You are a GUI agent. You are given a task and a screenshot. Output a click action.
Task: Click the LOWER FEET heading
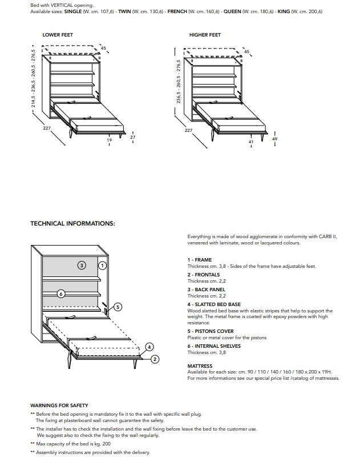point(58,35)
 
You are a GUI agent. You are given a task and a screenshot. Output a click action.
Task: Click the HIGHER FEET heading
point(205,35)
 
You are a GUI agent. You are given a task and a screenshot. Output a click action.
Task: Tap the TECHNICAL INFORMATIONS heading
point(72,223)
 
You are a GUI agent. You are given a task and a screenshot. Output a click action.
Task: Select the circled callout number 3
point(82,265)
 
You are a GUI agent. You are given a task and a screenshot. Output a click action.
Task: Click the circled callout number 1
point(102,265)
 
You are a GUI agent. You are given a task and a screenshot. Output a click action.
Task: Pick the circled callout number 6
point(61,294)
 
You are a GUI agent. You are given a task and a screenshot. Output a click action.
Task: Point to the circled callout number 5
point(118,307)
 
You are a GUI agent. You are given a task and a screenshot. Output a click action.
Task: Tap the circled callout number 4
point(149,347)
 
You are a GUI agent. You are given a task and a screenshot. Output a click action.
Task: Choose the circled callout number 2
point(154,359)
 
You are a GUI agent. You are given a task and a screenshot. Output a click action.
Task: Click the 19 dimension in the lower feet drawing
point(109,140)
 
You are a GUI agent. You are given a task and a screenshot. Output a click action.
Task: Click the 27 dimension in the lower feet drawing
point(132,138)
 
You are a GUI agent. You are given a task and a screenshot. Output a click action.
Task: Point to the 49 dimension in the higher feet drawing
point(275,139)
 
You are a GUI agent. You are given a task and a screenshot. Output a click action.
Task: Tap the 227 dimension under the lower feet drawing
point(47,128)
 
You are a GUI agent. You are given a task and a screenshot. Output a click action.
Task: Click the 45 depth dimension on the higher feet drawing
point(246,52)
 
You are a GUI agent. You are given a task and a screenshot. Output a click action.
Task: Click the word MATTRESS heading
point(200,366)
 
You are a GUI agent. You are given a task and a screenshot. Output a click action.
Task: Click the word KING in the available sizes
point(284,11)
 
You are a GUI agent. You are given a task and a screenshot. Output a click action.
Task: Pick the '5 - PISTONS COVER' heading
point(211,331)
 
